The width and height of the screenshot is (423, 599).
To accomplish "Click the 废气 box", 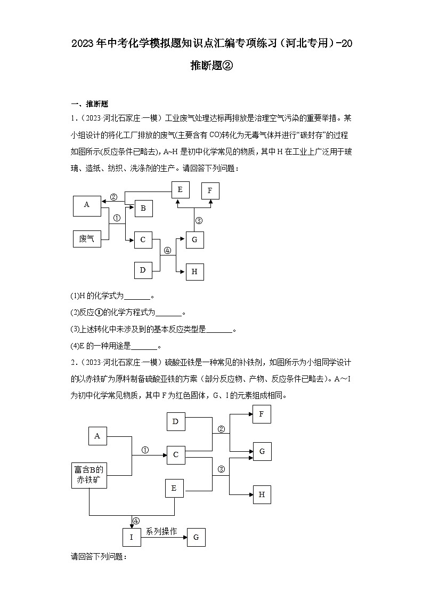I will point(87,239).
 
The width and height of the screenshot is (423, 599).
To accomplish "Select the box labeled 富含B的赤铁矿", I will point(89,475).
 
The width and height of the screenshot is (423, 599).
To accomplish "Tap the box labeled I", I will point(132,537).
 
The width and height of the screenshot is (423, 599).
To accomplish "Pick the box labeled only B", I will point(143,209).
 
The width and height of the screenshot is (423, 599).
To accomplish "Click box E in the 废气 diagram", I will point(180,189).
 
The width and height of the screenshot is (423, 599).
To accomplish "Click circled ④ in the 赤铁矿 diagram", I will point(136,521).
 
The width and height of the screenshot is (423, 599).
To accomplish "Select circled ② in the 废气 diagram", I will point(113,197).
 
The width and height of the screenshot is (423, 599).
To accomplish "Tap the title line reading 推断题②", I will point(211,66).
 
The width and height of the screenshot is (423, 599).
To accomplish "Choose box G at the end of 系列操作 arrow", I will point(196,537).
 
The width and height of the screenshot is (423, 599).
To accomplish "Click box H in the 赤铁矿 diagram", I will point(262,494).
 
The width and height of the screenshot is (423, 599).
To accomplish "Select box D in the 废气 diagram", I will point(143,270).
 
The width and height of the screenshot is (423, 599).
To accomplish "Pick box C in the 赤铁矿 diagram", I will point(176,455).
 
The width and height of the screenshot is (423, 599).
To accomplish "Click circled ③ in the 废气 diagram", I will point(199,220).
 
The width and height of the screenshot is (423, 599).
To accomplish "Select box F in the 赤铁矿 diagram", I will point(262,414).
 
